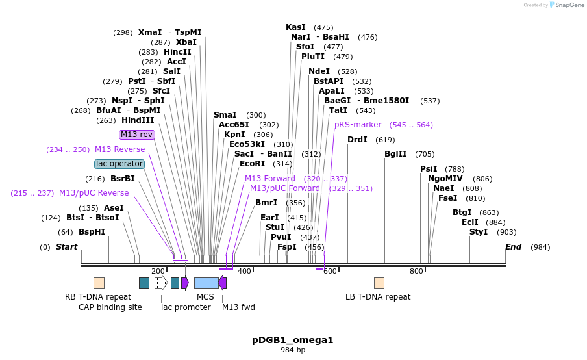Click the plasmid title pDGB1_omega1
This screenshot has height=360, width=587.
(x=292, y=340)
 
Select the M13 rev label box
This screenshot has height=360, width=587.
(x=137, y=135)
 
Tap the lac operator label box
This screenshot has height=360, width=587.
(x=119, y=164)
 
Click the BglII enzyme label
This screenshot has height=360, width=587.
(x=395, y=154)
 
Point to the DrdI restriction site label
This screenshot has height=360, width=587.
(x=357, y=140)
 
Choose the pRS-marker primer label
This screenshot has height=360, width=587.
(x=358, y=125)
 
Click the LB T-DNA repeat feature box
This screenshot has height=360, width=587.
(x=379, y=283)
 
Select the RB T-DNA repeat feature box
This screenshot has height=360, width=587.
(x=99, y=283)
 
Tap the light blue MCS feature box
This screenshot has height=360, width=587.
(x=206, y=283)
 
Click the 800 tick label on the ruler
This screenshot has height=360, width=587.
(x=416, y=271)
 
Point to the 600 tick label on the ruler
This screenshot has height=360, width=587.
(x=330, y=271)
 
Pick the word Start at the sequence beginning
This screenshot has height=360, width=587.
(x=66, y=247)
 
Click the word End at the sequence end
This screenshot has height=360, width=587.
(x=513, y=247)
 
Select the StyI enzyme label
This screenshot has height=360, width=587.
(x=479, y=232)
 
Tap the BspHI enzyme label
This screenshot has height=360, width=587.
(x=92, y=232)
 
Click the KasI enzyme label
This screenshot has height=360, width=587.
(x=295, y=27)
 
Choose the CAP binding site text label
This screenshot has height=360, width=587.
(x=110, y=307)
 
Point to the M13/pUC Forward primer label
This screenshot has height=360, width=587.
(x=285, y=188)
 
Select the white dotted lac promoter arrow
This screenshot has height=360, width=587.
(x=160, y=283)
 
